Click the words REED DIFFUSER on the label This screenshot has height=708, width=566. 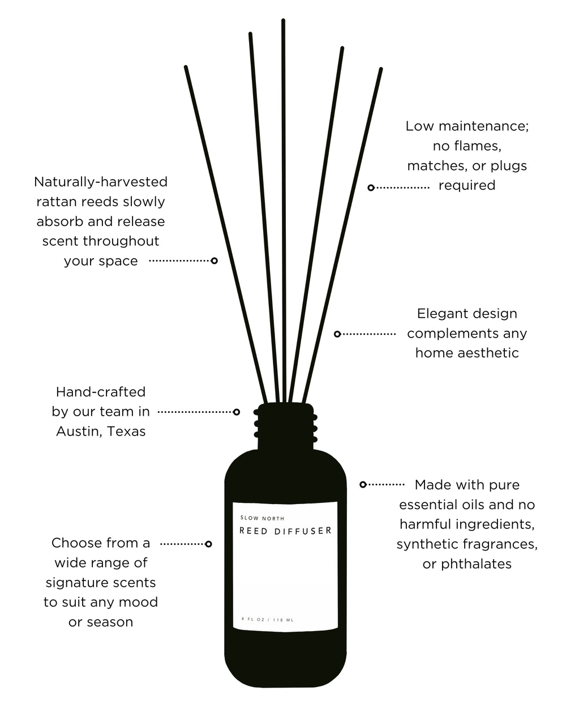click(285, 531)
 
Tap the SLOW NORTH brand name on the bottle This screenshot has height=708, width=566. click(262, 518)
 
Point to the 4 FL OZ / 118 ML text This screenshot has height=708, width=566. click(267, 620)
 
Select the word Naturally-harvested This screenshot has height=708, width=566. click(101, 182)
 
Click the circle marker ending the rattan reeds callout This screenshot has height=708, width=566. click(214, 261)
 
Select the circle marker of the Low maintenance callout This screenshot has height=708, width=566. click(371, 187)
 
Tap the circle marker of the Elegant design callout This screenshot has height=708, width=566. click(337, 334)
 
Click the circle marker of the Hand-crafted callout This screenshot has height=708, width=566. click(237, 412)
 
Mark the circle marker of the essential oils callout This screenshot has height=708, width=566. click(363, 484)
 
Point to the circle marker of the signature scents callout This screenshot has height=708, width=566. click(208, 544)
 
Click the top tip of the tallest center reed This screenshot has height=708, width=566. click(283, 21)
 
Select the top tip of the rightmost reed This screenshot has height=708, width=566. click(381, 70)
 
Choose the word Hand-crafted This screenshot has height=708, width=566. click(101, 392)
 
